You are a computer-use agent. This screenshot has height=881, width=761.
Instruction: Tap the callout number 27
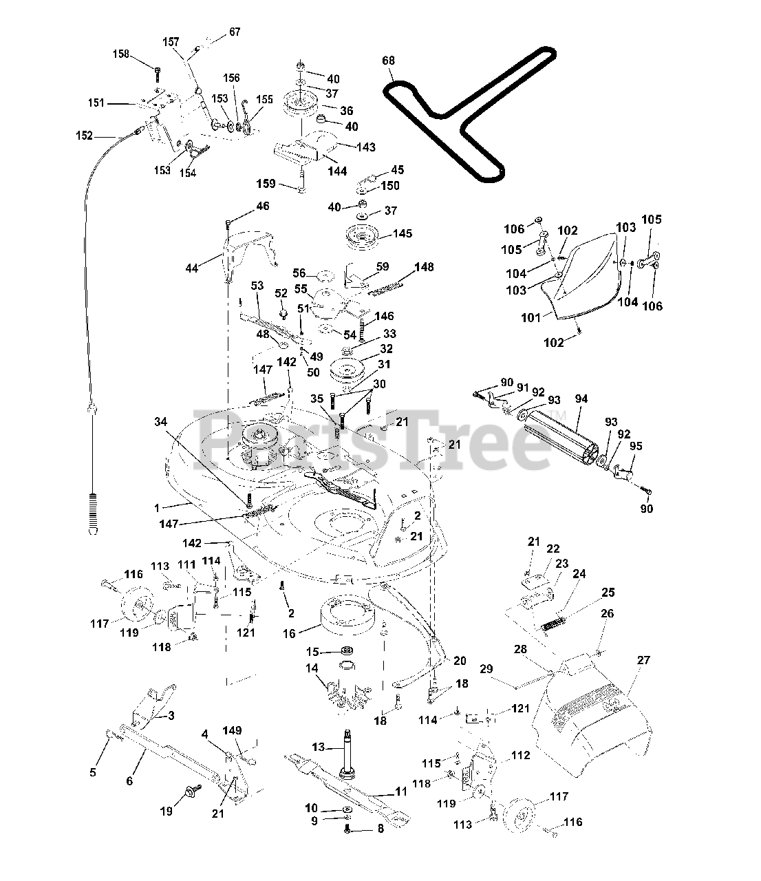(643, 661)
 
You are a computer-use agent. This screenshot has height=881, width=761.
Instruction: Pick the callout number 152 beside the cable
(83, 136)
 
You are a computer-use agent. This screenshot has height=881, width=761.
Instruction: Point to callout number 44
(192, 267)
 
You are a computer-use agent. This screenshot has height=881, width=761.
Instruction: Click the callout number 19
(166, 811)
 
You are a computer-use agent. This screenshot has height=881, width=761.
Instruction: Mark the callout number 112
(520, 755)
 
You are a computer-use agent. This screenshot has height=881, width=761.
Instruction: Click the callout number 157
(170, 41)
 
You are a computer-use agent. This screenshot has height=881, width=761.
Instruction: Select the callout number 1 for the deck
(157, 508)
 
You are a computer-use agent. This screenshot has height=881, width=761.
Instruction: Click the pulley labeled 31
(353, 372)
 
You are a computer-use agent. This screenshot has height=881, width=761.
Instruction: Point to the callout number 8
(380, 829)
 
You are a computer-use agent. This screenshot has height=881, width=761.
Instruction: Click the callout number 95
(636, 446)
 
